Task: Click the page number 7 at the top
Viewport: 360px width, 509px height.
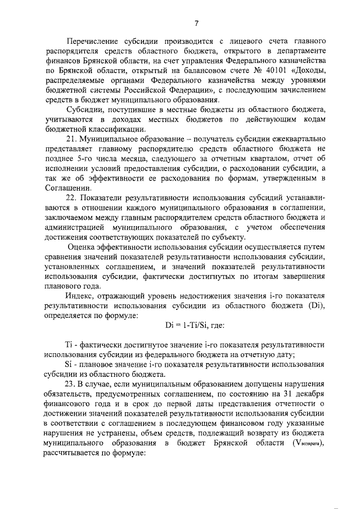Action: point(197,23)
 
